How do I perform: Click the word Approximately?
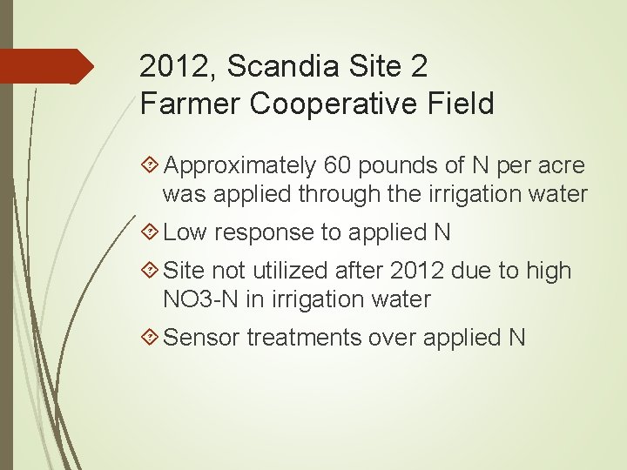(x=239, y=165)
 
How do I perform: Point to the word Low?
(x=185, y=232)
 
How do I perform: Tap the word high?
(x=548, y=271)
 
